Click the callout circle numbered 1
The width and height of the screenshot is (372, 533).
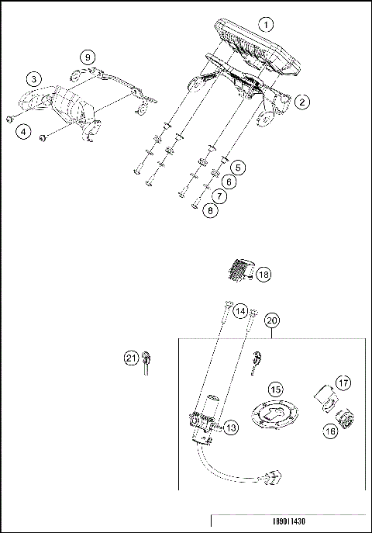coord(267,24)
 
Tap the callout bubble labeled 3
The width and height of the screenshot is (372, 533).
coord(33,79)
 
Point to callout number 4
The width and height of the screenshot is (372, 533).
coord(25,133)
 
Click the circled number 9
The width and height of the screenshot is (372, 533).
coord(88,57)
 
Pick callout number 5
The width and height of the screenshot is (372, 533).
coord(238,167)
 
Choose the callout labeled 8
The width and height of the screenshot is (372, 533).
coord(208,209)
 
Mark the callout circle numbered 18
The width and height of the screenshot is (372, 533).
coord(263,275)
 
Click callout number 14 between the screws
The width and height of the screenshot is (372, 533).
coord(240,310)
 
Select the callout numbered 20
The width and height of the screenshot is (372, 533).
coord(272,320)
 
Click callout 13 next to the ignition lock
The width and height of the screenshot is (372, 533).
coord(230,427)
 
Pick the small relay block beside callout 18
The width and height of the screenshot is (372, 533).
coord(239,272)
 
